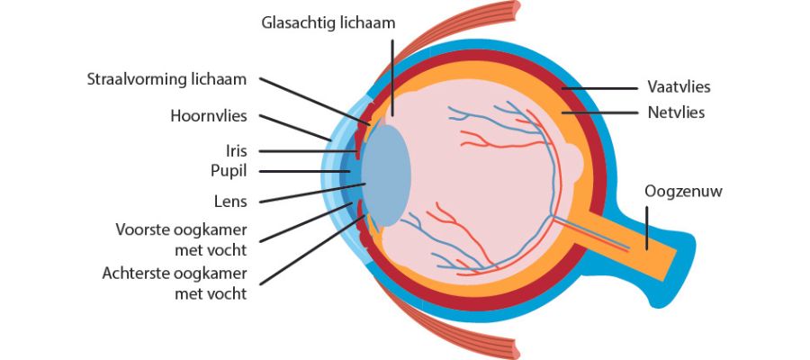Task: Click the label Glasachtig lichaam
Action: click(328, 22)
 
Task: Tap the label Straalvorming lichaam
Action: click(167, 79)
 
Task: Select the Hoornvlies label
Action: click(208, 116)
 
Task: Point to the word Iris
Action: click(236, 150)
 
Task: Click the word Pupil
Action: click(227, 170)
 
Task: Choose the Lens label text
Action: click(231, 202)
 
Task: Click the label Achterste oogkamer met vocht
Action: click(175, 281)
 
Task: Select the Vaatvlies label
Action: click(679, 88)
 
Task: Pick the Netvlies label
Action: click(676, 113)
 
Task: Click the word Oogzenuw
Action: click(684, 191)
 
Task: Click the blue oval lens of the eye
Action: click(387, 175)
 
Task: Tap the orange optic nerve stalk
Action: click(630, 243)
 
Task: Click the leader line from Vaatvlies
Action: click(603, 88)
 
